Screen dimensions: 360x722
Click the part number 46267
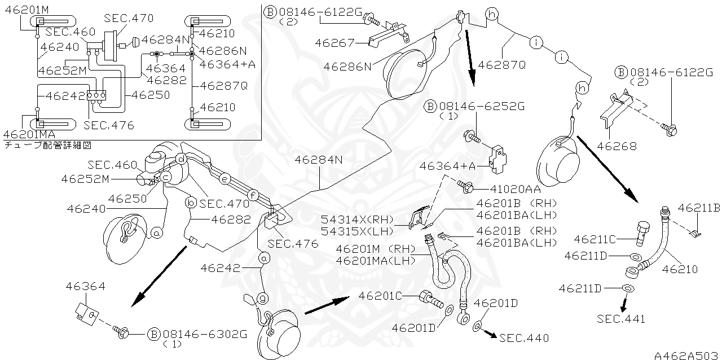coord(334,43)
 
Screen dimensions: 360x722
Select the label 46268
coord(618,146)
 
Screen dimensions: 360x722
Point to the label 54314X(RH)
coord(356,219)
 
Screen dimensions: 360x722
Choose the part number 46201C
coord(381,295)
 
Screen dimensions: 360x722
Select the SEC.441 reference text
coord(620,319)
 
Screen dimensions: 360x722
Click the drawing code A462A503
coord(686,355)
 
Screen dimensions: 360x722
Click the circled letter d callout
coord(181,159)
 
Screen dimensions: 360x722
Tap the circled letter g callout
coord(263,297)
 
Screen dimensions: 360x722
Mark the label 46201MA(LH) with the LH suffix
coord(375,260)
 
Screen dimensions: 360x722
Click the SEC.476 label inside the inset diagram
coord(109,125)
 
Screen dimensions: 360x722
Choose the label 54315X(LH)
coord(356,230)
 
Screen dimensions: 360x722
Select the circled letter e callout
coord(224,179)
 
